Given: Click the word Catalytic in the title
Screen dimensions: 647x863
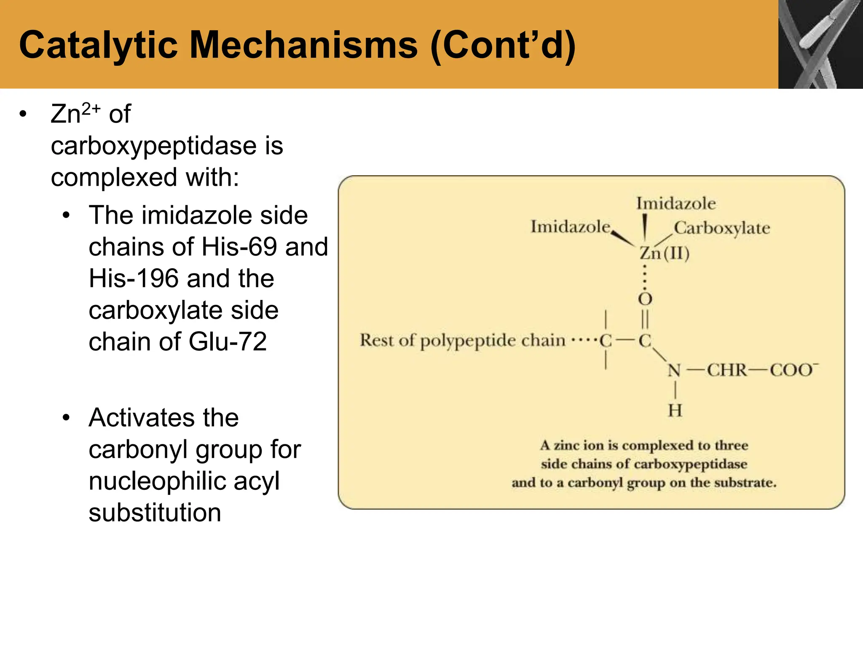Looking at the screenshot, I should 98,45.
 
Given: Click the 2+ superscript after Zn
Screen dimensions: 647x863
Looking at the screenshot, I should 91,109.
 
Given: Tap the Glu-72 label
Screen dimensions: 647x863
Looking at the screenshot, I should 228,342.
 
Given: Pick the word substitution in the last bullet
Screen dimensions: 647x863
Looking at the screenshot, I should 155,513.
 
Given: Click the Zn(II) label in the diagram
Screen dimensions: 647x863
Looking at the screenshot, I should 665,253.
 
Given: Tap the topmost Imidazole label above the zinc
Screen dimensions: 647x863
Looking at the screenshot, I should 675,203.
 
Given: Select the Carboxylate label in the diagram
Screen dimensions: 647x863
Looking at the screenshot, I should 722,228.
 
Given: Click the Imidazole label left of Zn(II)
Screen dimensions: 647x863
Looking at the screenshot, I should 570,227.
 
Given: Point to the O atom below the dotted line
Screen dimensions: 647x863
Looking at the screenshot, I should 645,299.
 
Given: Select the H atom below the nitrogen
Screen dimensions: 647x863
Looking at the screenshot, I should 675,410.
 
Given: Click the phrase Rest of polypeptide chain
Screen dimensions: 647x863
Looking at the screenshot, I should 462,340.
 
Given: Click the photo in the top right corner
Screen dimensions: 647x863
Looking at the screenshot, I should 820,44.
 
